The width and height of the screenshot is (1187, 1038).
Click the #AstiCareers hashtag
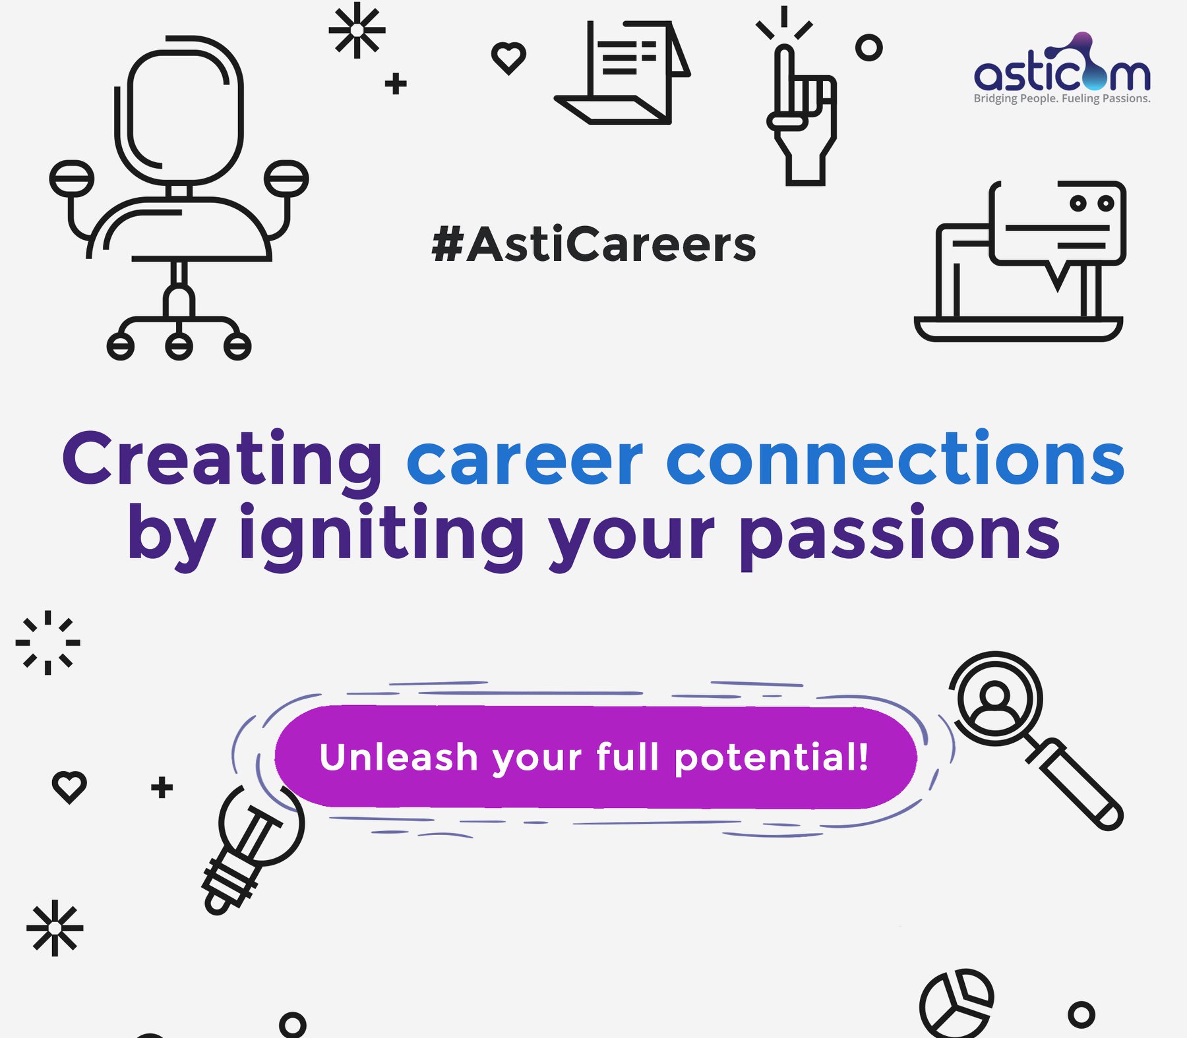tap(593, 244)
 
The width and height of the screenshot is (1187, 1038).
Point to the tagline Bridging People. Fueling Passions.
tap(1062, 99)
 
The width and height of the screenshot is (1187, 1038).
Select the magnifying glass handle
tap(1075, 784)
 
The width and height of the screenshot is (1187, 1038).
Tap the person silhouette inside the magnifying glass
tap(995, 705)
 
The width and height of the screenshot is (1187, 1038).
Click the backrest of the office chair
tap(178, 109)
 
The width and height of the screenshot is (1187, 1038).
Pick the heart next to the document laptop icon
tap(508, 58)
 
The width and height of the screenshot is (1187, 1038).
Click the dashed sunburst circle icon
tap(47, 643)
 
